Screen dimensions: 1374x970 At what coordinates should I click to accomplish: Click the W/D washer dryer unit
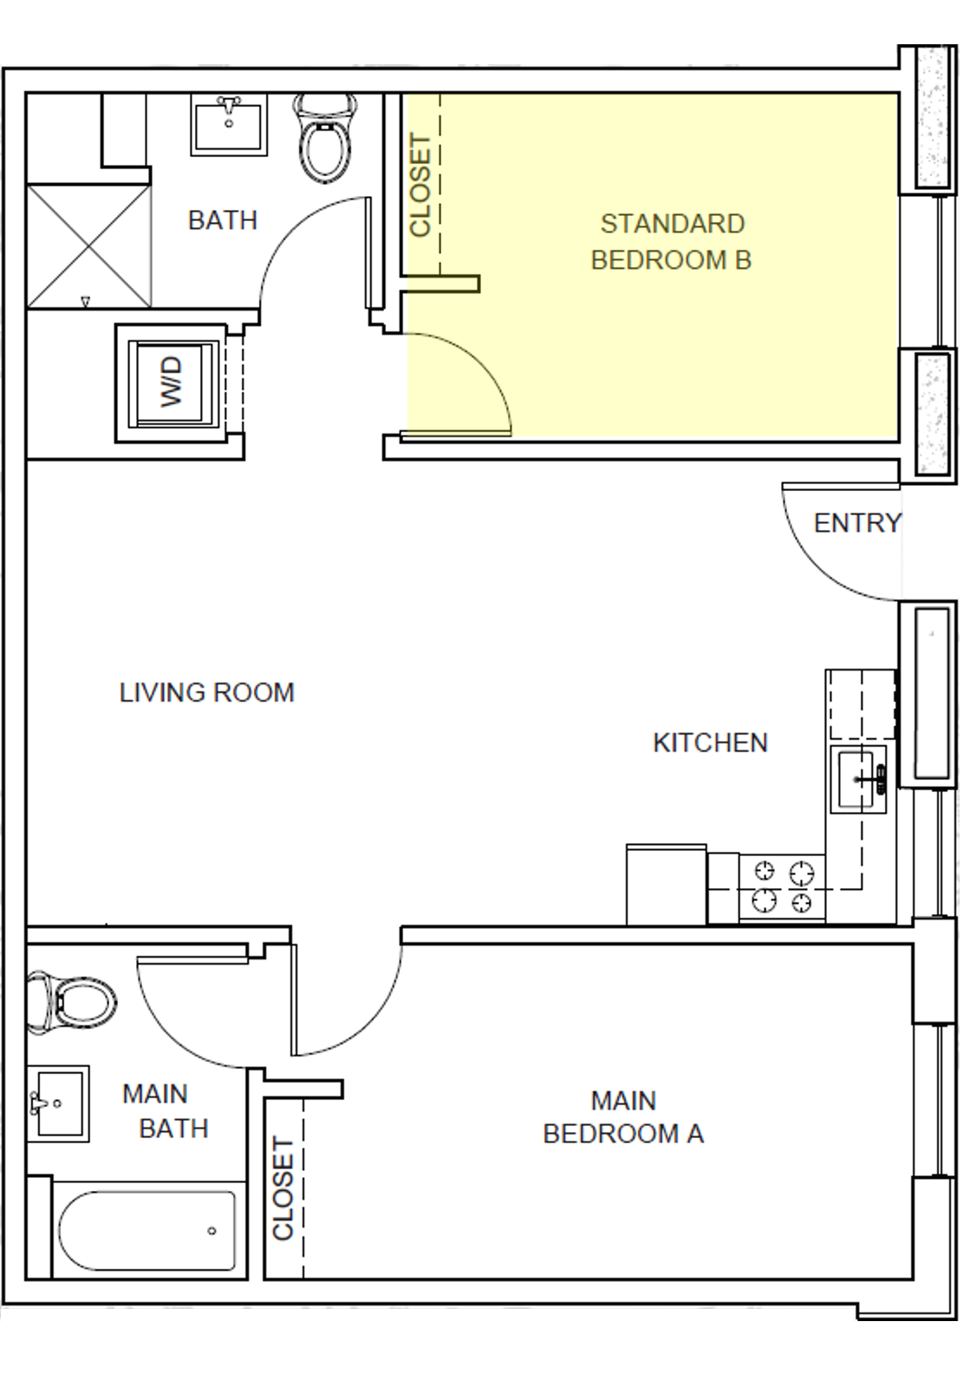point(172,383)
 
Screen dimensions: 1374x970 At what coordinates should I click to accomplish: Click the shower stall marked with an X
point(89,245)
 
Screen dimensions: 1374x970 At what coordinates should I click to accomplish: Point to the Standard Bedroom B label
point(672,242)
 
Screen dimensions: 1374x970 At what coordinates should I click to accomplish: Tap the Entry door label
point(856,523)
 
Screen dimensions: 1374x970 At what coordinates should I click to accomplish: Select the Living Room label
point(207,692)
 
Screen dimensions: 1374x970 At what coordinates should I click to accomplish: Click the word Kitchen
point(710,743)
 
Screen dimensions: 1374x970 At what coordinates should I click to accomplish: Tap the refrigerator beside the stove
point(666,883)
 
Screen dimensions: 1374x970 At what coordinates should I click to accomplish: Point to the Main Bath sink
point(57,1103)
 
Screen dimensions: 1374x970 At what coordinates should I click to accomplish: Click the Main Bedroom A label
point(623,1117)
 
